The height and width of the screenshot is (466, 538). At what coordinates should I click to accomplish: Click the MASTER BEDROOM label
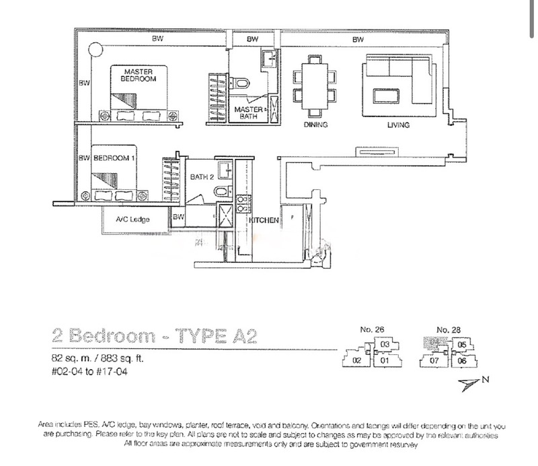(x=138, y=75)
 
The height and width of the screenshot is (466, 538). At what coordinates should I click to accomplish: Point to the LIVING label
(x=398, y=125)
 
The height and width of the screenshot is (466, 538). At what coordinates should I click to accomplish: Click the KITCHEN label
(x=264, y=220)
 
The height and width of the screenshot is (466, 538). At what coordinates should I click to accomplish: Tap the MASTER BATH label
(x=247, y=112)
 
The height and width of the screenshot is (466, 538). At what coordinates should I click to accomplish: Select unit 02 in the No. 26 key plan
(x=357, y=361)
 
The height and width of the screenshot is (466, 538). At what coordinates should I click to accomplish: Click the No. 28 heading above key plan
(x=446, y=329)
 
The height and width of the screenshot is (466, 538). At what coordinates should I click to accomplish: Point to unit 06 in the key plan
(x=461, y=361)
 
